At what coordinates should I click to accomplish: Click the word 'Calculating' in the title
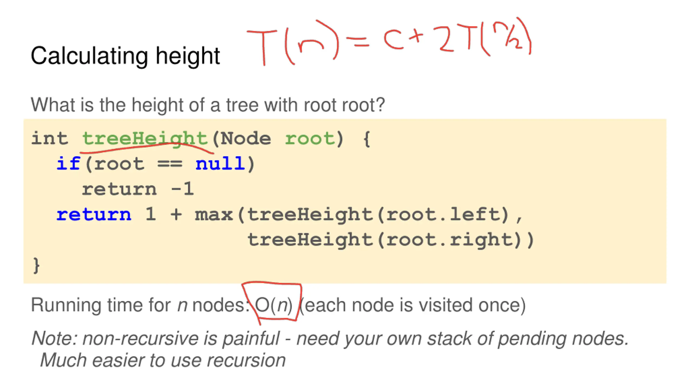point(89,56)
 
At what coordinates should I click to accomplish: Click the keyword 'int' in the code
point(50,139)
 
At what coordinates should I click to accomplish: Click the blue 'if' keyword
point(68,164)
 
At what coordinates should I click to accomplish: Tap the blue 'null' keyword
point(220,164)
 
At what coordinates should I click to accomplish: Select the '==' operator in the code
point(170,164)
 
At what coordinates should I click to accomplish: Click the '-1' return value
point(182,189)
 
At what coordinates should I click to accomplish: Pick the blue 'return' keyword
point(94,215)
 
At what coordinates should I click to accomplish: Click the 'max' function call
point(214,215)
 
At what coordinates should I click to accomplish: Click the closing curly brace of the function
point(36,265)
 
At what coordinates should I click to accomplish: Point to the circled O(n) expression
point(273,305)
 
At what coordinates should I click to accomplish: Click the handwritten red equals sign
point(357,42)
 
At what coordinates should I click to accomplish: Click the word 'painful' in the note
point(251,338)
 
